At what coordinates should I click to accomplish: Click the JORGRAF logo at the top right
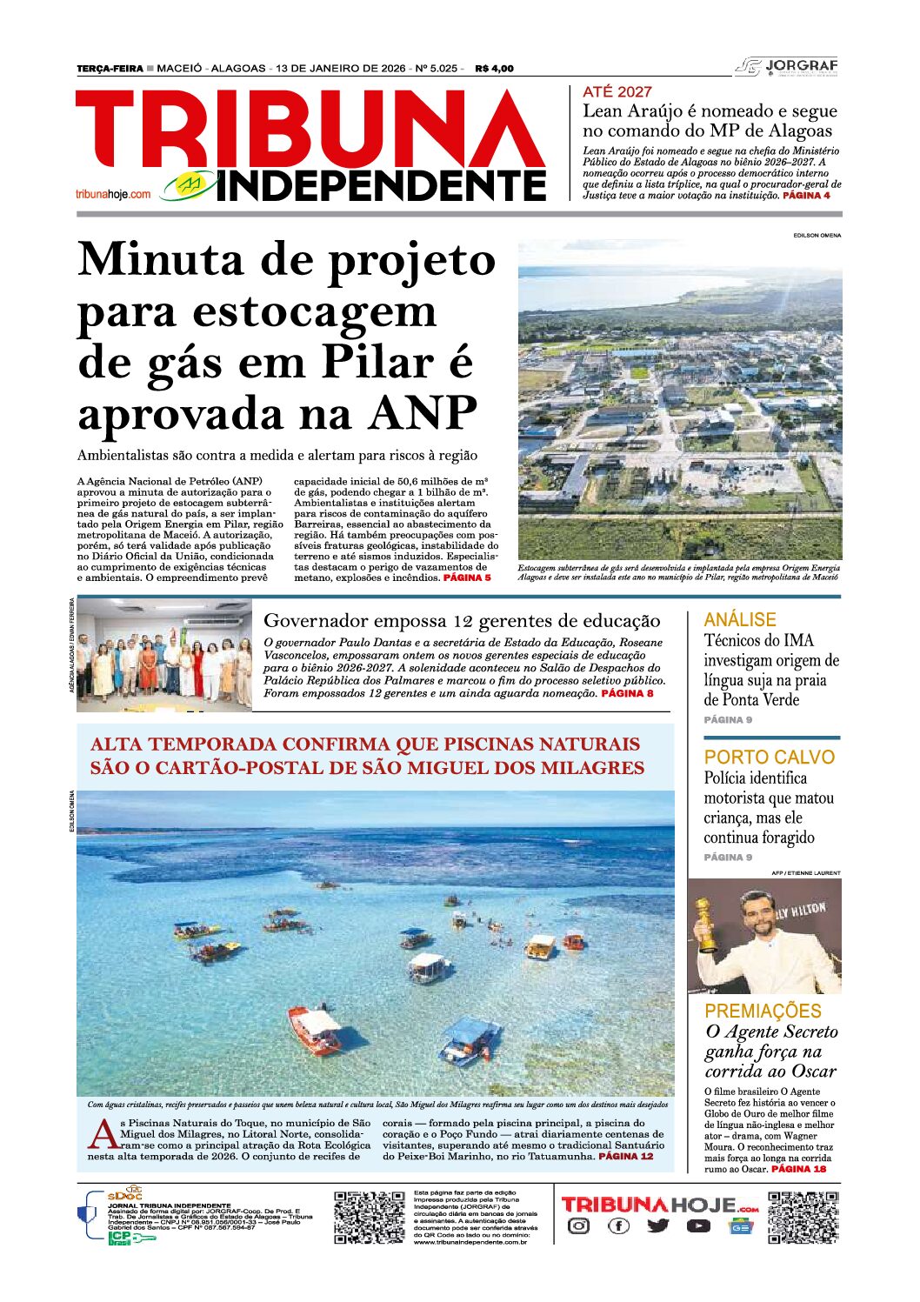[x=787, y=67]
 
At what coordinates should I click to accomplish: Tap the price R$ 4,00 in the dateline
[x=494, y=69]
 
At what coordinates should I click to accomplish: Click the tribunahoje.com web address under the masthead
[x=113, y=194]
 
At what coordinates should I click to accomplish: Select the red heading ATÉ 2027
[x=617, y=91]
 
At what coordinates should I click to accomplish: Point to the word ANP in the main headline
[x=423, y=413]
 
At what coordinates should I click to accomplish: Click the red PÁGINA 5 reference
[x=467, y=578]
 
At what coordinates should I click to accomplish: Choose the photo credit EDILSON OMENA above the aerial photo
[x=817, y=236]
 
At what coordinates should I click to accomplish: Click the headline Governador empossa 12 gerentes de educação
[x=462, y=621]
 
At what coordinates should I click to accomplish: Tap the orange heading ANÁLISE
[x=739, y=619]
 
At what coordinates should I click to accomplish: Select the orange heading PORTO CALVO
[x=769, y=757]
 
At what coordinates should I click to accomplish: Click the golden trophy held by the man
[x=704, y=924]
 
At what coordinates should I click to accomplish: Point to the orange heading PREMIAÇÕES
[x=763, y=1011]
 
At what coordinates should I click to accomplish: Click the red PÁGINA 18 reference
[x=798, y=1169]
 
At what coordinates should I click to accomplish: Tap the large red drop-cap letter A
[x=103, y=1134]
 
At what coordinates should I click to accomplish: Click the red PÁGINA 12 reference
[x=625, y=1157]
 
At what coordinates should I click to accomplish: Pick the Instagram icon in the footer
[x=578, y=1226]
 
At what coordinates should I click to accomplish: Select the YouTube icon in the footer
[x=697, y=1226]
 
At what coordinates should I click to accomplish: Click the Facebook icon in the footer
[x=618, y=1226]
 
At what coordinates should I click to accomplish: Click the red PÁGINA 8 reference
[x=627, y=693]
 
